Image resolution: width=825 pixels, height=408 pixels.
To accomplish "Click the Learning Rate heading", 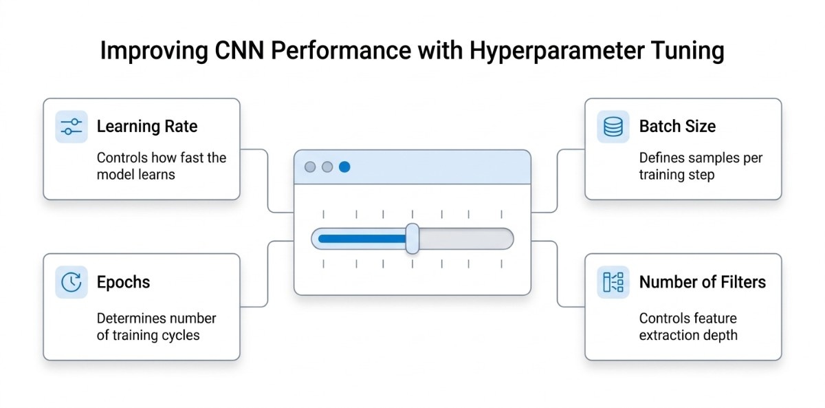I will click(x=146, y=127).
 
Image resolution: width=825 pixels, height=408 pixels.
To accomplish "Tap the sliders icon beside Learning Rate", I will click(x=71, y=127).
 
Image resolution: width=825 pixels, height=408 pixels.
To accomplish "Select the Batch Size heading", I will click(x=677, y=127).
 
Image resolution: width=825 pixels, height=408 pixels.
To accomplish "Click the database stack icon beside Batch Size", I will click(x=613, y=127).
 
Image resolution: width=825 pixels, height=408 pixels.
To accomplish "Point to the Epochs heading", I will click(x=123, y=282).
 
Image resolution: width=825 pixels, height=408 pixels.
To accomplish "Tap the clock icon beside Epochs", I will click(x=71, y=282).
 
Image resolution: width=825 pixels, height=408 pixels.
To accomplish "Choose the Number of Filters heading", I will click(x=702, y=282).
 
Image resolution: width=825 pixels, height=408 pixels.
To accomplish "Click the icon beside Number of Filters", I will click(x=613, y=282).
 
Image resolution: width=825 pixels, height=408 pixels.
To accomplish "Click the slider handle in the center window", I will click(x=412, y=239).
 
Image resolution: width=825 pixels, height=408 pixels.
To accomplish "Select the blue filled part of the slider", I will click(x=361, y=239).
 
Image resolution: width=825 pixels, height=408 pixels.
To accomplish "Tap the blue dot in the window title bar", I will click(x=344, y=167).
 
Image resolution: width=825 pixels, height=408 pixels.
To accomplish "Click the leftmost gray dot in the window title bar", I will click(x=310, y=167).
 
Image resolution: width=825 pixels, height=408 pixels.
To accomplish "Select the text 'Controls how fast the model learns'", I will click(x=161, y=166).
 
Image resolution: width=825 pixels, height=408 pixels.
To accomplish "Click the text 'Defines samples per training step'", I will click(x=700, y=166).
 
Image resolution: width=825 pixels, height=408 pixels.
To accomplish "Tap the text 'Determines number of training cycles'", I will click(x=156, y=327).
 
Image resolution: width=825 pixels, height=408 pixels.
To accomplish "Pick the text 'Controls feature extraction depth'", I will click(x=687, y=327).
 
